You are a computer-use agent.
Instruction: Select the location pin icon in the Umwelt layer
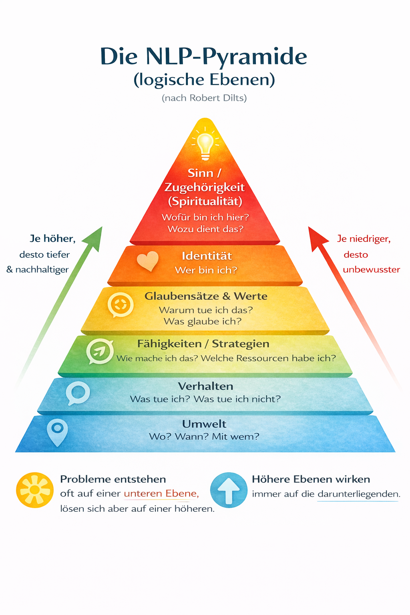pos(57,432)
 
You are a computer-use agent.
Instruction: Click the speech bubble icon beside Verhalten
pos(78,393)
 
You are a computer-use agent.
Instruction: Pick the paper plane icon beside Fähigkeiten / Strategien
pos(100,351)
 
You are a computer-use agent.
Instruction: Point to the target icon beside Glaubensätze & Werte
pos(120,304)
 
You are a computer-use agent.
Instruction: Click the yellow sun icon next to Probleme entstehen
pos(35,490)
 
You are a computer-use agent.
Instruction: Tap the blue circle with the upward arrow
pos(229,490)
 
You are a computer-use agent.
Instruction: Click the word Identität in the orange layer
pos(207,256)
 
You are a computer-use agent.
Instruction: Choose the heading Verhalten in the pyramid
pos(205,386)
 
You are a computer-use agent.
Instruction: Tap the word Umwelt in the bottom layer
pos(204,424)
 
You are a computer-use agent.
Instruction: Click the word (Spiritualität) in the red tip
pos(205,201)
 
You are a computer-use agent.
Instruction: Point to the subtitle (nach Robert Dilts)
pos(204,98)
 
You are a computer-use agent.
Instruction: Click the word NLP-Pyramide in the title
pos(226,56)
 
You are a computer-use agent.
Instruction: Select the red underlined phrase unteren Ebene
pos(161,494)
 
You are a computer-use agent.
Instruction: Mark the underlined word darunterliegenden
pos(358,494)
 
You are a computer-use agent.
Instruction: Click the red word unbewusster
pos(371,269)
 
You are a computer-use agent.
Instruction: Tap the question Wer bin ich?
pos(206,270)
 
